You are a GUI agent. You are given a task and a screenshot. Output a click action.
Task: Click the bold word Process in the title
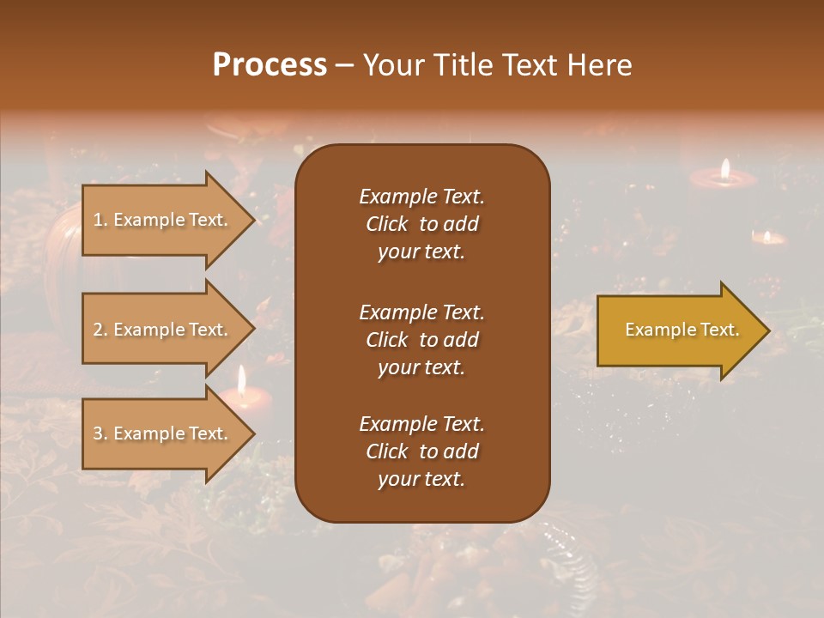coord(270,65)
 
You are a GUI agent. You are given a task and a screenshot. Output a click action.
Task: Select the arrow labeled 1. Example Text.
coord(163,220)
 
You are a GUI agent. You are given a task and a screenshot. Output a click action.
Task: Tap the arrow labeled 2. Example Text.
coord(163,330)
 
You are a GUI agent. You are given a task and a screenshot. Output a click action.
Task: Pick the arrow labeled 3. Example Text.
coord(163,433)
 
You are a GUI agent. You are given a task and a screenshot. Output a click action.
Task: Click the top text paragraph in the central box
coord(421,224)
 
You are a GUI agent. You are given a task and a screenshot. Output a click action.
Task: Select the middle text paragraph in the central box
coord(421,340)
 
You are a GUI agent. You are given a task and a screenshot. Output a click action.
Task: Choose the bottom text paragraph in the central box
coord(421,451)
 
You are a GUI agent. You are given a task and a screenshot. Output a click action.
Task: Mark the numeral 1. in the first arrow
coord(100,220)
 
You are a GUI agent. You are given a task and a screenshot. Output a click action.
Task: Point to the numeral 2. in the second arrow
coord(100,330)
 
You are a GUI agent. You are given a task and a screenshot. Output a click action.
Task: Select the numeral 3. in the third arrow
coord(100,433)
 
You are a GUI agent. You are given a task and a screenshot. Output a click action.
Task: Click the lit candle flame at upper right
coord(725,169)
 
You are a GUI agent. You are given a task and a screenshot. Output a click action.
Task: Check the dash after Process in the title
coord(345,65)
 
